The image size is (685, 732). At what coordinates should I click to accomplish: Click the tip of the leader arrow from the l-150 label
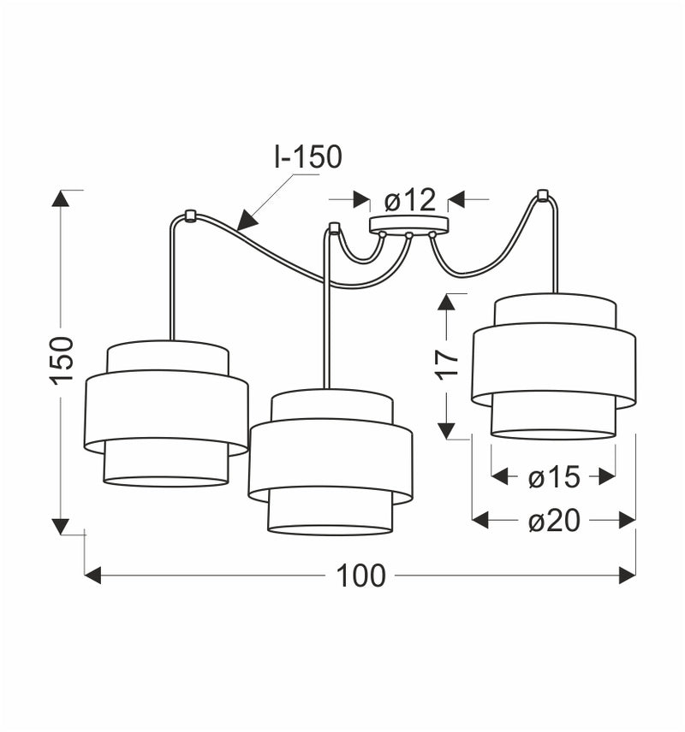(237, 230)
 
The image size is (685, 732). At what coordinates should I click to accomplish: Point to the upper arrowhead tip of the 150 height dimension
(60, 191)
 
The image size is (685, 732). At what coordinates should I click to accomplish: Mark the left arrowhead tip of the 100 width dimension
(85, 576)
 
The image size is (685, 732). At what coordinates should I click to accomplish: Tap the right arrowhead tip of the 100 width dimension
(636, 576)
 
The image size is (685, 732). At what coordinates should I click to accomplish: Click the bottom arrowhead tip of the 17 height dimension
(447, 439)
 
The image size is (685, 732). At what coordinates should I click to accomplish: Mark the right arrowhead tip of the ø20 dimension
(636, 520)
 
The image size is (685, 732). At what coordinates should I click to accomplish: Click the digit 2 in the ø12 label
(426, 200)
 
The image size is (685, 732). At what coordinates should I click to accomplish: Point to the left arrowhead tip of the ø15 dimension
(491, 477)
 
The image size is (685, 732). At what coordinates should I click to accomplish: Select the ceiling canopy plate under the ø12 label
(409, 225)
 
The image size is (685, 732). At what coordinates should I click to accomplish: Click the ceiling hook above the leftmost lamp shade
(190, 215)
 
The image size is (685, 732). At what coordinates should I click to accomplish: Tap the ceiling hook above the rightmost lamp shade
(542, 194)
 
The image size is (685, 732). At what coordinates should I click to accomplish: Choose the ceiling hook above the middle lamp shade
(333, 227)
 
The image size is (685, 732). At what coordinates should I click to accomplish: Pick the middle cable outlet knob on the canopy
(408, 235)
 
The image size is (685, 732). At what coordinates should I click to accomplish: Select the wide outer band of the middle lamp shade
(331, 461)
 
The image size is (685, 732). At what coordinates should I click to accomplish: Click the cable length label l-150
(308, 156)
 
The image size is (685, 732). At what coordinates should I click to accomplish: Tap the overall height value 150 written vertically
(63, 360)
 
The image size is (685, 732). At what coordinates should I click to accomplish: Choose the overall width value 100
(360, 576)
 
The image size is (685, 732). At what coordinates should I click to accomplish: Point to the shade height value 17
(448, 364)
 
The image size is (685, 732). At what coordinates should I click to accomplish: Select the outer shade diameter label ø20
(554, 520)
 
